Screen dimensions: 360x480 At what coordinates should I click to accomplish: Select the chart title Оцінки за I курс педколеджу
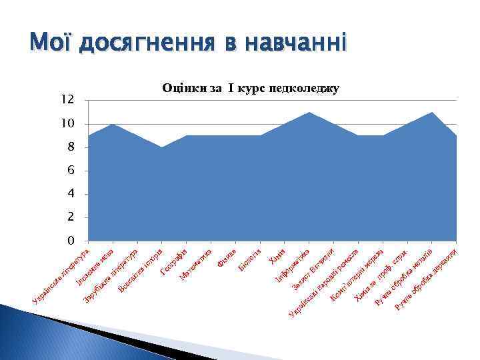coord(251,89)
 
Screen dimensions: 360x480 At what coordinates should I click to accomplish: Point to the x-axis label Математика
coord(196,263)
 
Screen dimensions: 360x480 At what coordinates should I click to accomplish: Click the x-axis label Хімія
coord(277,256)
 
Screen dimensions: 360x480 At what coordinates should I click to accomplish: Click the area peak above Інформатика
coord(309,113)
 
